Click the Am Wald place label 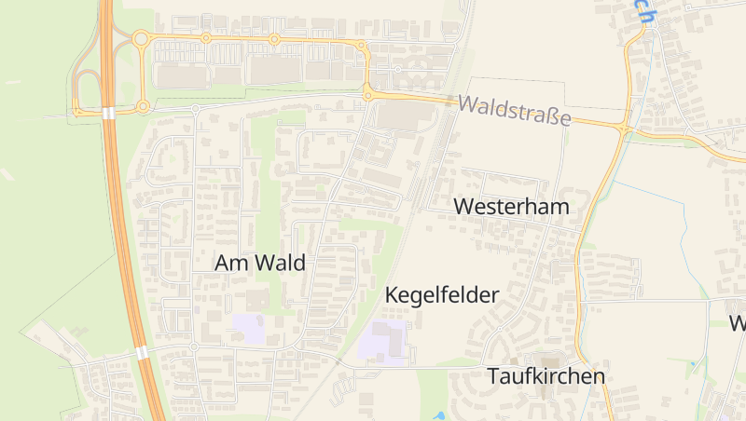(x=259, y=263)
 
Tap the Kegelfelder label (x=442, y=295)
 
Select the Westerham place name (x=511, y=207)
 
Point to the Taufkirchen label (x=546, y=376)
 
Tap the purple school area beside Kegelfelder (x=383, y=343)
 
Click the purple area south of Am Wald (x=248, y=328)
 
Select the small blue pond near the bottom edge (x=439, y=415)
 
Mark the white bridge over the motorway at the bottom (x=142, y=353)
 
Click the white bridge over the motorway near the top (x=109, y=113)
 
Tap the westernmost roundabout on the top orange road (x=141, y=38)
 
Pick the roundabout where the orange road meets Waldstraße (x=368, y=94)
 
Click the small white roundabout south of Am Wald (x=194, y=346)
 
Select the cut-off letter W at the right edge (x=738, y=323)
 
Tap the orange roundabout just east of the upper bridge (x=143, y=107)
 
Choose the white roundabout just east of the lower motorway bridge (x=194, y=346)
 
